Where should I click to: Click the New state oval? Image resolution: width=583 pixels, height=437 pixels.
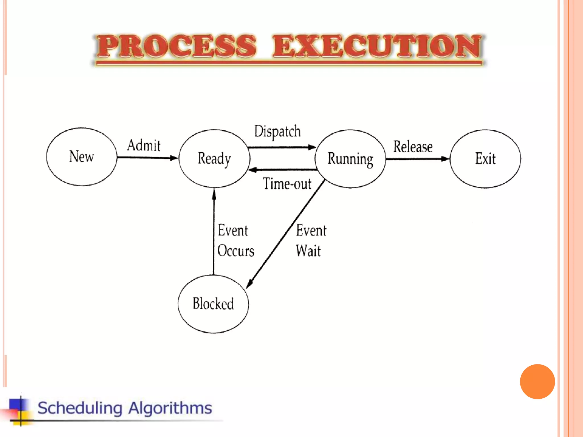tap(82, 157)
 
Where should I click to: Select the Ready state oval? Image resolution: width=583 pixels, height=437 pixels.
tap(214, 158)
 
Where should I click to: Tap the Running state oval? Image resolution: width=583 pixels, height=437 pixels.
tap(350, 159)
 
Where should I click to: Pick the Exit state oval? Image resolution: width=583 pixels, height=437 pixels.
tap(485, 159)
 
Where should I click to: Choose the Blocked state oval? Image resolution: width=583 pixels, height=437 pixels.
tap(213, 304)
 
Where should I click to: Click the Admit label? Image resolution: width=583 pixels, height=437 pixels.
tap(144, 145)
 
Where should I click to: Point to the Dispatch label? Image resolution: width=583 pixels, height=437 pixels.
tap(277, 131)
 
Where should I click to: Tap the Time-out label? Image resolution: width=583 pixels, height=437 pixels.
tap(287, 184)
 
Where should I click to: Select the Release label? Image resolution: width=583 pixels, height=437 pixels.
tap(413, 147)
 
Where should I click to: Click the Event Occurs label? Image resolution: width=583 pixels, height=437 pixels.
tap(235, 241)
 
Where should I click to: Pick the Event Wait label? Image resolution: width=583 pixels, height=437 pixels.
tap(311, 241)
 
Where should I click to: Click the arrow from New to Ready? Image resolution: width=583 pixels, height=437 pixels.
tap(147, 158)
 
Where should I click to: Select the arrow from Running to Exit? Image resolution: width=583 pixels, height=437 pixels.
tap(417, 159)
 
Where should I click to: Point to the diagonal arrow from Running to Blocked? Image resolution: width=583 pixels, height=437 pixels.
tap(286, 234)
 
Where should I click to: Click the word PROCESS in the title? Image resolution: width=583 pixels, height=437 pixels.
tap(176, 46)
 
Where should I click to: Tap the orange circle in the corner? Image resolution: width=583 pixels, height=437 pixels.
tap(537, 382)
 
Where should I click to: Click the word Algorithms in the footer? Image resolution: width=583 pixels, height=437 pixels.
tap(170, 408)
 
